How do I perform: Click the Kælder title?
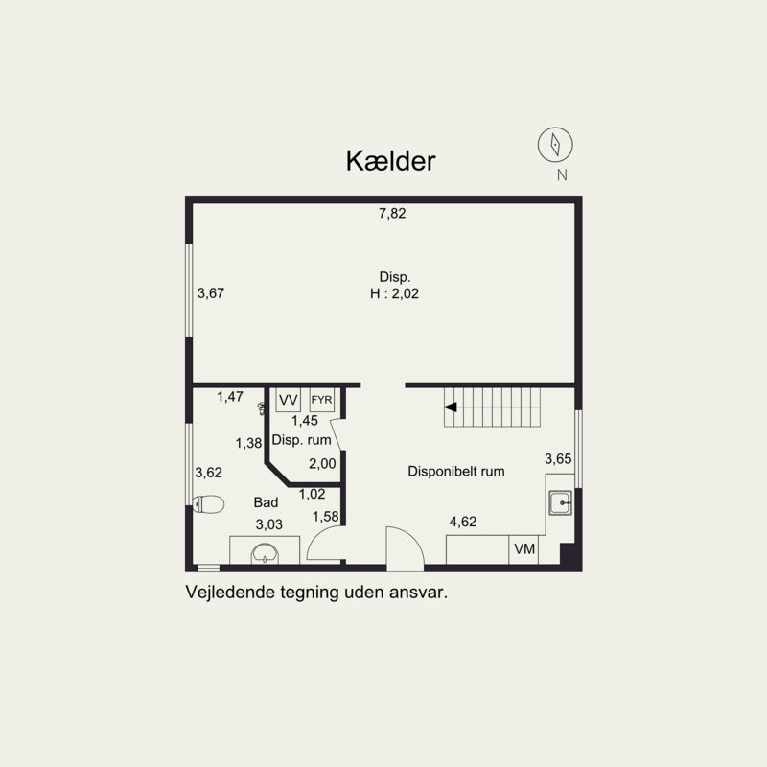click(x=390, y=161)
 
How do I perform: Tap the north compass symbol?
click(x=555, y=144)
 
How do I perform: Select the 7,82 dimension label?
click(x=392, y=214)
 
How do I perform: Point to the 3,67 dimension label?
click(x=211, y=293)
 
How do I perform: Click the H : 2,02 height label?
click(x=394, y=294)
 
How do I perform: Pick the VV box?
click(x=288, y=400)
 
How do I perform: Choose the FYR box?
click(x=321, y=400)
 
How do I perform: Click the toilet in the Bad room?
click(x=208, y=503)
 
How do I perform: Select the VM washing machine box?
click(x=524, y=549)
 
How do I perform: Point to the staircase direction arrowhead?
click(x=450, y=407)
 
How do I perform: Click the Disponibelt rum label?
click(x=456, y=472)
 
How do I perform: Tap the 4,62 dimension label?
click(x=464, y=522)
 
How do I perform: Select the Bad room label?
click(x=266, y=502)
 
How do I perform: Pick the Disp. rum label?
click(x=302, y=440)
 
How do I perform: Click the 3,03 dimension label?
click(x=268, y=523)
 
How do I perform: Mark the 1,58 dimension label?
click(x=326, y=518)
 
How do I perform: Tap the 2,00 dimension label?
click(x=322, y=464)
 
